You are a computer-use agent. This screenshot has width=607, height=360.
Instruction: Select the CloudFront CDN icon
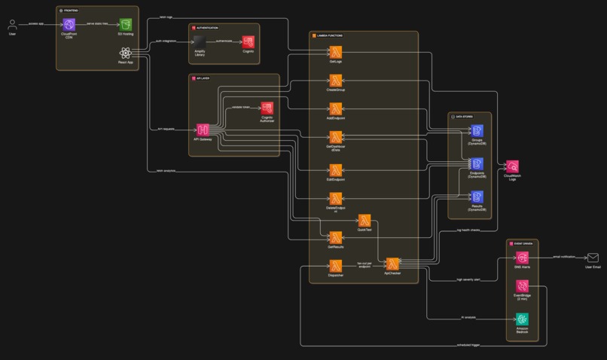[70, 26]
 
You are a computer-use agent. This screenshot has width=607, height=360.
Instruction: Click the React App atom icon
[126, 53]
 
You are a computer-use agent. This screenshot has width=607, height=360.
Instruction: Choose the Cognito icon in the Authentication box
[248, 42]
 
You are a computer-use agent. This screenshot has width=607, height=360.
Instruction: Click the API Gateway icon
[202, 130]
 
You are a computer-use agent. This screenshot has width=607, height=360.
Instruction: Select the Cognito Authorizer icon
[267, 108]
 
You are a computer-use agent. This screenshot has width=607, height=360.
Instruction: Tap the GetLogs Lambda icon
[336, 52]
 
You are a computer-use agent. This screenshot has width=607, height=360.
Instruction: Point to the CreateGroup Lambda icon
[336, 80]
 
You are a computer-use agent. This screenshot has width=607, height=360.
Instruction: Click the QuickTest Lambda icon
[365, 220]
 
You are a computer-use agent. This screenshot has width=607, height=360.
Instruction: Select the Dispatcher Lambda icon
[336, 265]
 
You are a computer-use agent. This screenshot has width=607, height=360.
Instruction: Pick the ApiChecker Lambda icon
[392, 264]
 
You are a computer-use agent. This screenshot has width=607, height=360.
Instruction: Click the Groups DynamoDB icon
[477, 131]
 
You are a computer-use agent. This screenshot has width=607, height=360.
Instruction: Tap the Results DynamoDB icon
[477, 196]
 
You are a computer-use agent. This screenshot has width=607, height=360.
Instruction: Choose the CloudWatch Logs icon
[512, 166]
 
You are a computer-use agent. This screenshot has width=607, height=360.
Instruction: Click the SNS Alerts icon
[522, 258]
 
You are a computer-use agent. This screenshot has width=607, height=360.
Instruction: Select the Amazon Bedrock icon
[522, 319]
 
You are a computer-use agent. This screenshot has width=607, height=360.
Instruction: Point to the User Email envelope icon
[593, 258]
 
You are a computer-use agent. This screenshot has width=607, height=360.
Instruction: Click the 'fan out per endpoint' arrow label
[365, 264]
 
